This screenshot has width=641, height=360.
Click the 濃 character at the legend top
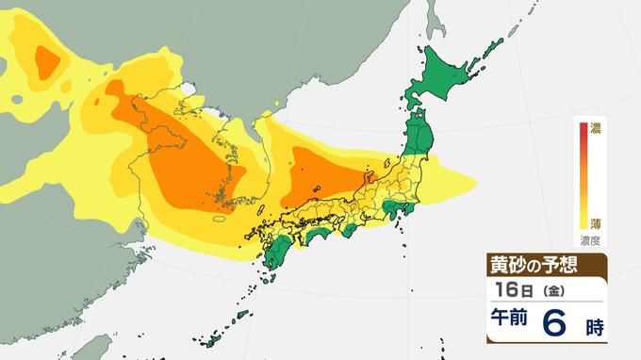tap(596, 128)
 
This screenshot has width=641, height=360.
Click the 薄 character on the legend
tap(596, 223)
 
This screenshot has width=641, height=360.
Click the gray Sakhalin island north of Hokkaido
tap(435, 19)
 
